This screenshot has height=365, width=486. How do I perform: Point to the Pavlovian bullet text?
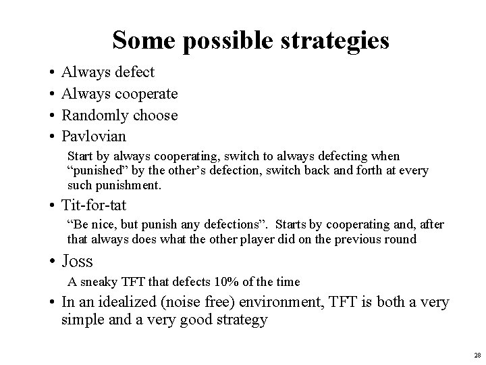(93, 137)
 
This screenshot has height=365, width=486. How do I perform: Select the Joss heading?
(77, 261)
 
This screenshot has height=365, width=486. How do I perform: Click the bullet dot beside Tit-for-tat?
(53, 205)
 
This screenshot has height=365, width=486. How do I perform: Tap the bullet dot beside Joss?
(53, 262)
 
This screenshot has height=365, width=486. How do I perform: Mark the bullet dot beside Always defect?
(53, 72)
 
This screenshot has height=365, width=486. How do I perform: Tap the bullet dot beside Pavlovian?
(53, 137)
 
